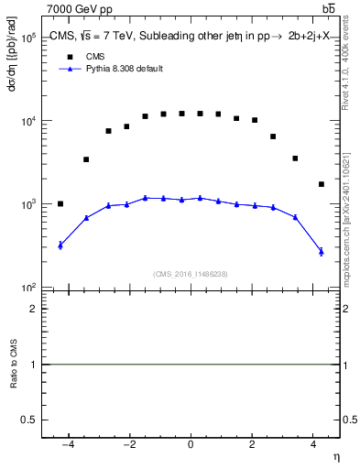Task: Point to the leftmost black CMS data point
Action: click(60, 204)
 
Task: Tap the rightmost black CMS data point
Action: click(321, 184)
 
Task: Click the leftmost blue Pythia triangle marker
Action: click(60, 245)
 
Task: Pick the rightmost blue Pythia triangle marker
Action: click(321, 250)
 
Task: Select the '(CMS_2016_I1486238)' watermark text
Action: click(191, 274)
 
